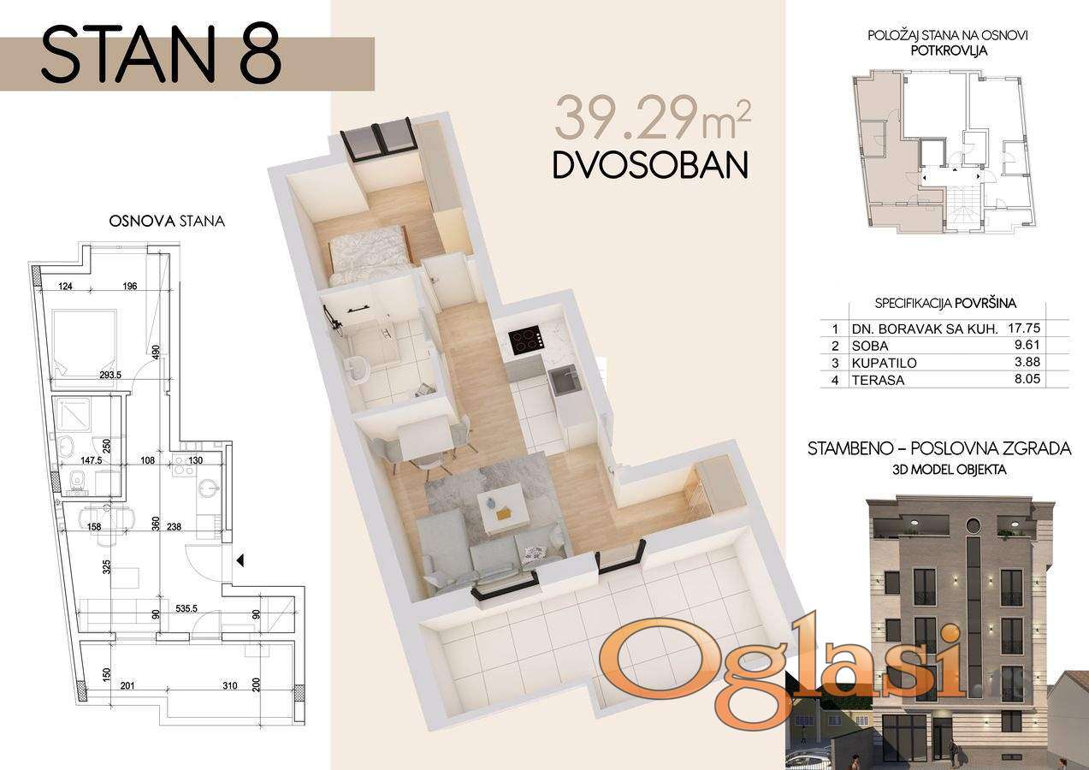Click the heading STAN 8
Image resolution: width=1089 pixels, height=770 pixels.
click(x=162, y=55)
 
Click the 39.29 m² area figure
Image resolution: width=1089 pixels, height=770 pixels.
click(x=653, y=120)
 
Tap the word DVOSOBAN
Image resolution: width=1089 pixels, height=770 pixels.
click(x=650, y=165)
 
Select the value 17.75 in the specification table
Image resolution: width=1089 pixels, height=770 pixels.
click(x=1024, y=328)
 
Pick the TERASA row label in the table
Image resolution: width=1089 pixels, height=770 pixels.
click(x=878, y=380)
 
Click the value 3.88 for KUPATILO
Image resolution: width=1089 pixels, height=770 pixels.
click(x=1027, y=362)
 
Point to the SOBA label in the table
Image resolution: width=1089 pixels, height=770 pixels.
click(x=870, y=346)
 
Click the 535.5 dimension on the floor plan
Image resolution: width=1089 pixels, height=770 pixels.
click(x=186, y=608)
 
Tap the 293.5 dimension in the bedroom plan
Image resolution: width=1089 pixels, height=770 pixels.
click(x=111, y=375)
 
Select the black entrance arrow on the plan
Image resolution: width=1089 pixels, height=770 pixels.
click(x=240, y=561)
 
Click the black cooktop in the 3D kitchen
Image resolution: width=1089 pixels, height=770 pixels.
click(x=526, y=341)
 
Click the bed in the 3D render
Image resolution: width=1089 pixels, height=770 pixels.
click(x=368, y=256)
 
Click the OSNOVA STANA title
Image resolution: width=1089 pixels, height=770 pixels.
click(x=167, y=222)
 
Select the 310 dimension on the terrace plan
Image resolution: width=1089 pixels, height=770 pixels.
click(x=230, y=685)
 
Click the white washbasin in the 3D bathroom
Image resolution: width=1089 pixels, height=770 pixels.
click(x=358, y=368)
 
